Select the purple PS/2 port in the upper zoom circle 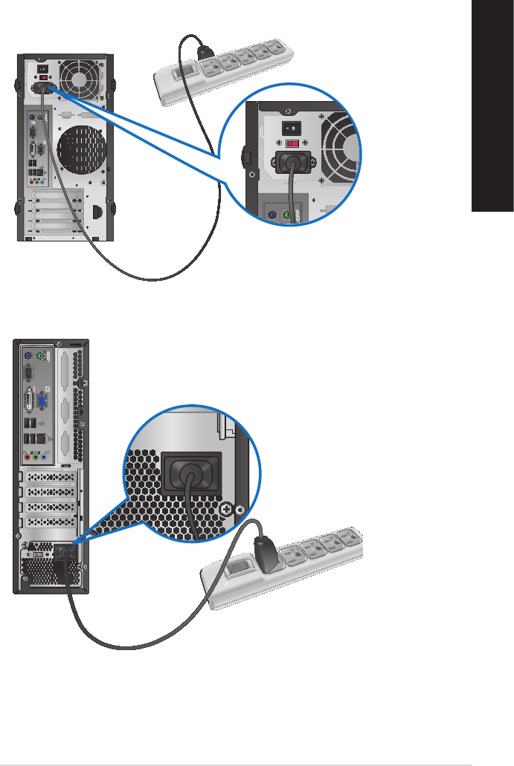pos(273,215)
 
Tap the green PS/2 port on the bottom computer pos(44,354)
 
